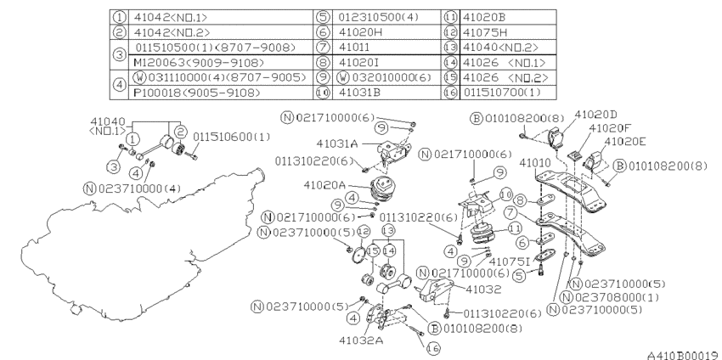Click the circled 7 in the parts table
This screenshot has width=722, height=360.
pyautogui.click(x=324, y=47)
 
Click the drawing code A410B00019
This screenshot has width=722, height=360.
pyautogui.click(x=685, y=355)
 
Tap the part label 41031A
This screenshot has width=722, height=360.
pyautogui.click(x=337, y=143)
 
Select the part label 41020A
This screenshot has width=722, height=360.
pyautogui.click(x=324, y=185)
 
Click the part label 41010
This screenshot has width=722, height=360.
pyautogui.click(x=534, y=163)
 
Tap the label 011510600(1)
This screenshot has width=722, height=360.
pyautogui.click(x=232, y=138)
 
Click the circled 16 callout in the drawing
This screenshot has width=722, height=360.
pyautogui.click(x=433, y=348)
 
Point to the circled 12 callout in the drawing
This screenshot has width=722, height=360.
pyautogui.click(x=363, y=231)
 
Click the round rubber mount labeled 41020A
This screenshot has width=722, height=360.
pyautogui.click(x=384, y=188)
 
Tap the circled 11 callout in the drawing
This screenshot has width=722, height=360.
pyautogui.click(x=515, y=228)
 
